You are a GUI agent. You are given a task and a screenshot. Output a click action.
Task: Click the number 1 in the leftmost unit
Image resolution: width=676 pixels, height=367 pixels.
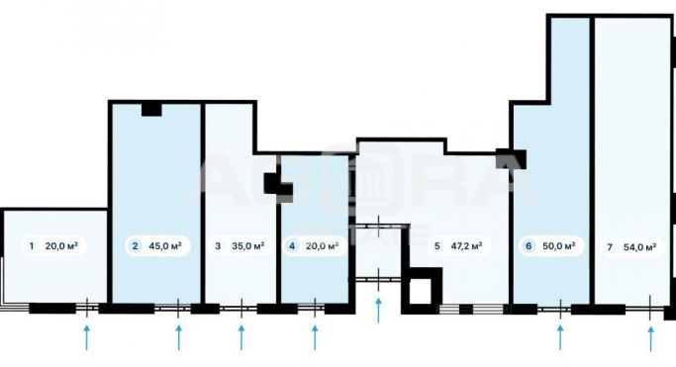point(32,246)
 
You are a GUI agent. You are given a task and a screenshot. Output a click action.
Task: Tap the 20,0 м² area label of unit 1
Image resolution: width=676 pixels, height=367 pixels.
point(61,246)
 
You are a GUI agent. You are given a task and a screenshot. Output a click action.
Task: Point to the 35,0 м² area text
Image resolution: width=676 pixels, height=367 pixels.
point(247,246)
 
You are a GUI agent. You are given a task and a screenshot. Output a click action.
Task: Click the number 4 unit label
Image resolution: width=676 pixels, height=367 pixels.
point(292,246)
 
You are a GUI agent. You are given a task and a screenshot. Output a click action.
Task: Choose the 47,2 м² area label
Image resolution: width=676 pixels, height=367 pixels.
point(466,246)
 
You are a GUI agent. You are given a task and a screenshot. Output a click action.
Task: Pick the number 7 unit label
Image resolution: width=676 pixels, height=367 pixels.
point(609,246)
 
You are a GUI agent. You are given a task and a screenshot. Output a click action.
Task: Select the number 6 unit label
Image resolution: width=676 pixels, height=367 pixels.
point(530,246)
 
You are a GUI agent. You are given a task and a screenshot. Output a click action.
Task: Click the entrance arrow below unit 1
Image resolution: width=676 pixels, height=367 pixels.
point(86,337)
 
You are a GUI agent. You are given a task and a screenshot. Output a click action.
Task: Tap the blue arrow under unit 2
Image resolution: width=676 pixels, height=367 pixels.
point(179,337)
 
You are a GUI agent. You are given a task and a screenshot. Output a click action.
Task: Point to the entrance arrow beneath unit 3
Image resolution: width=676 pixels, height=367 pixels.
point(241,337)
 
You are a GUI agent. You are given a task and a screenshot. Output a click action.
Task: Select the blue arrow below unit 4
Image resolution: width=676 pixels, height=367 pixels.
point(316,337)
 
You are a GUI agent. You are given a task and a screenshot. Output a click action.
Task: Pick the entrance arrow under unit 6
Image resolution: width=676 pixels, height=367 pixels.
point(559,337)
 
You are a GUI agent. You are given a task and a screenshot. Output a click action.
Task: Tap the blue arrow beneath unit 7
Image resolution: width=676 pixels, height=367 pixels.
point(650,337)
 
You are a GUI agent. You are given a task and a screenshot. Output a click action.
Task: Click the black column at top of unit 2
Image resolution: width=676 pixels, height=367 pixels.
point(151,109)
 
